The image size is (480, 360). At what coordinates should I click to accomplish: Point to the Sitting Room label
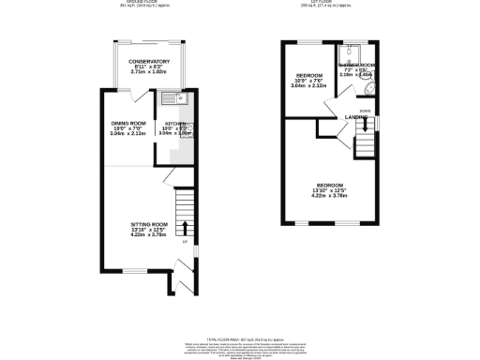click(148, 224)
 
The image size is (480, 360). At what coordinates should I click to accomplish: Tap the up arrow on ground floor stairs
click(184, 227)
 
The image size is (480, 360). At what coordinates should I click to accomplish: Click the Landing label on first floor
click(356, 117)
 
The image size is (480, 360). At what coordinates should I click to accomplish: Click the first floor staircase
click(364, 143)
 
